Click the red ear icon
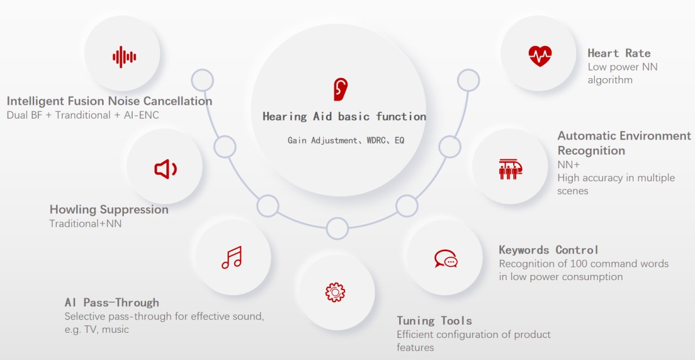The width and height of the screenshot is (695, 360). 341,89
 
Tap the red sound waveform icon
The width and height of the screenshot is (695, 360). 124,57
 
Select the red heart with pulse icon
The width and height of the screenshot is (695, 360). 540,56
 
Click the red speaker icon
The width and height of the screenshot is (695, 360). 166,170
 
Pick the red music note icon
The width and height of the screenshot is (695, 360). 232,258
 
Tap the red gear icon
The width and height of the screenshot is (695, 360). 335,292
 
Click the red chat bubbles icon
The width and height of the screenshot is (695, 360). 446,259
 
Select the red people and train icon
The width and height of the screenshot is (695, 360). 510,170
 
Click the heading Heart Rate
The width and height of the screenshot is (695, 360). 619,53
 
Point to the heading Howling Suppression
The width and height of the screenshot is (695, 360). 109,210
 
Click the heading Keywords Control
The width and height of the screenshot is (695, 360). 548,250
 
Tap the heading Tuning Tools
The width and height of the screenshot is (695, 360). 434,321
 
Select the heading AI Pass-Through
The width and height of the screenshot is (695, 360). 112,303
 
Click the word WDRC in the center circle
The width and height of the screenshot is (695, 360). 376,141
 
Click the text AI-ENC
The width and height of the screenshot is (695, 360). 141,115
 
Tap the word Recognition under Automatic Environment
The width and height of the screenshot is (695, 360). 591,150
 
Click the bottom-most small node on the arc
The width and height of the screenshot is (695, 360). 337,229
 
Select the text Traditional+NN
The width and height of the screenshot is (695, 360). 86,223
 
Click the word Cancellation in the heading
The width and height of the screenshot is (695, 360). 178,101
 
